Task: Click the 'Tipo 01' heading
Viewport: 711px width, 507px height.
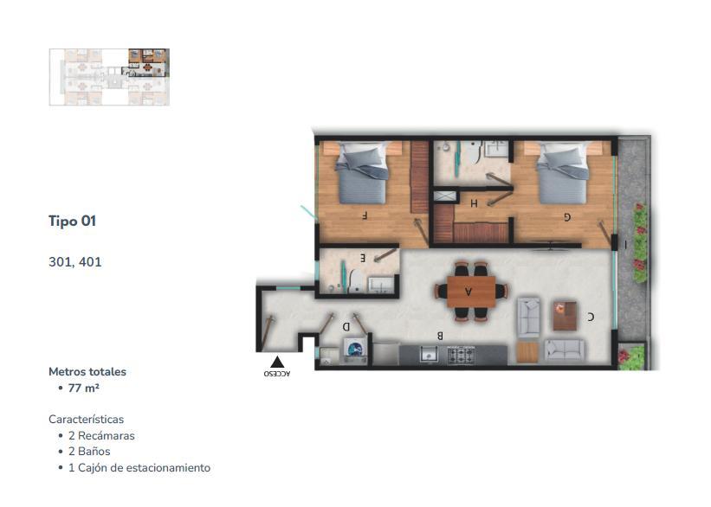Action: click(x=72, y=221)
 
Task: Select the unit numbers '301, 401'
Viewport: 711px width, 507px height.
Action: click(x=75, y=262)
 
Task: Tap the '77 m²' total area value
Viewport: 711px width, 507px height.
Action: click(x=84, y=388)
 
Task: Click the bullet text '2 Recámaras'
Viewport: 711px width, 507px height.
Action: click(x=101, y=435)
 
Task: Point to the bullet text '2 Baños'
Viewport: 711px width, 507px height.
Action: click(x=89, y=452)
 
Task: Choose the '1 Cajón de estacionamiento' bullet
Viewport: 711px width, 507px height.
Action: click(x=139, y=467)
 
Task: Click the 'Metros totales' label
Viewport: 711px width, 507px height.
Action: click(x=87, y=371)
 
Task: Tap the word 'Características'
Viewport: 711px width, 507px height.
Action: click(x=86, y=419)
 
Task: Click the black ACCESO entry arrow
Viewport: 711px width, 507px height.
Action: click(x=277, y=362)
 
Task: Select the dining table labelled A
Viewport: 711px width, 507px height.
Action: click(x=471, y=292)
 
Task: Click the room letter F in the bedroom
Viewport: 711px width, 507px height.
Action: click(x=364, y=215)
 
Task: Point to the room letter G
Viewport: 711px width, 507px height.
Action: click(x=567, y=217)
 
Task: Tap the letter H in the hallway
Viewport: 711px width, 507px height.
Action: click(x=474, y=203)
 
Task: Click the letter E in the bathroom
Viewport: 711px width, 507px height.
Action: click(x=362, y=258)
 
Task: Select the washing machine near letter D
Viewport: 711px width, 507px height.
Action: click(x=355, y=350)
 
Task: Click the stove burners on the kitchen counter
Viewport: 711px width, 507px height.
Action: click(x=461, y=355)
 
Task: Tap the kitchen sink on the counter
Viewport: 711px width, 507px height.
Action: click(x=428, y=354)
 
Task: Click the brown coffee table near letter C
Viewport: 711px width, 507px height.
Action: click(x=565, y=317)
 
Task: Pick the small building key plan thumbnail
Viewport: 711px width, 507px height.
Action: click(x=109, y=77)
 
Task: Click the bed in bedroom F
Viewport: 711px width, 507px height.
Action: click(x=362, y=173)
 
